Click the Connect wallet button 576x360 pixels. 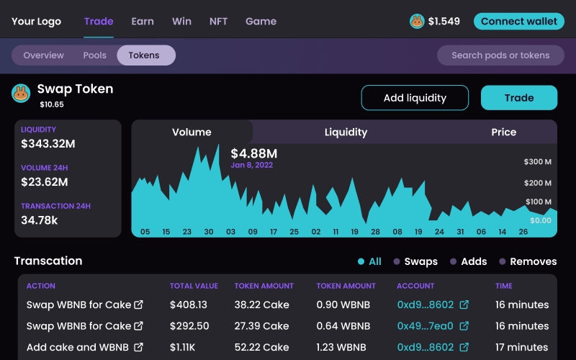pyautogui.click(x=518, y=21)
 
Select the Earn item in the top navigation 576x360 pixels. pyautogui.click(x=143, y=21)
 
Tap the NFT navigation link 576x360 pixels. pyautogui.click(x=218, y=21)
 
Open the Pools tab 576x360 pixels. pyautogui.click(x=95, y=55)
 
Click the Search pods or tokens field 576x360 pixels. pyautogui.click(x=500, y=55)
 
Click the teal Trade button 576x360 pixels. pyautogui.click(x=518, y=98)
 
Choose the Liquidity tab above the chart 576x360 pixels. pyautogui.click(x=346, y=132)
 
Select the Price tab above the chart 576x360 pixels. pyautogui.click(x=503, y=132)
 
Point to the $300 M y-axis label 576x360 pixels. pyautogui.click(x=537, y=161)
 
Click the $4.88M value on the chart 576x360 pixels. pyautogui.click(x=253, y=153)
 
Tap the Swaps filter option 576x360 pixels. pyautogui.click(x=420, y=261)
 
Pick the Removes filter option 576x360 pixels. pyautogui.click(x=533, y=261)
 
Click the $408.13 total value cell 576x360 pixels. pyautogui.click(x=189, y=305)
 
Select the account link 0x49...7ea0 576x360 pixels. pyautogui.click(x=425, y=326)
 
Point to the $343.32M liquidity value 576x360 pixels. pyautogui.click(x=48, y=144)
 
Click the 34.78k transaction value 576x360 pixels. pyautogui.click(x=40, y=220)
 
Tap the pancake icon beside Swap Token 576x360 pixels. pyautogui.click(x=21, y=93)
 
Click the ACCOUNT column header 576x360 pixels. pyautogui.click(x=415, y=286)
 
